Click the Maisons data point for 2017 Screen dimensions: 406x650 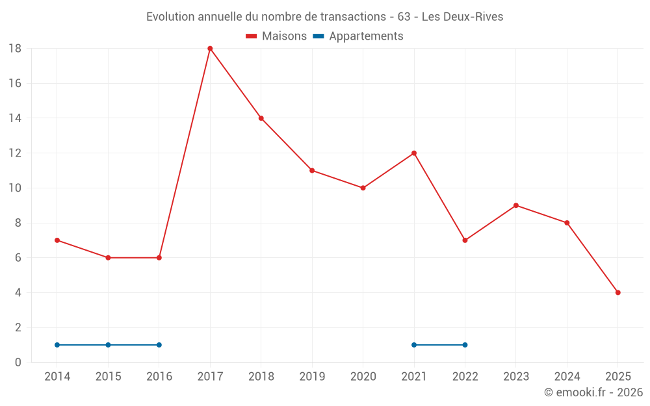210,49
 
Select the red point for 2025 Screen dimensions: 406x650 617,292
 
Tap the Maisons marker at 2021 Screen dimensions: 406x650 414,153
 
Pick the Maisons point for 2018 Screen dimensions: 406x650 261,118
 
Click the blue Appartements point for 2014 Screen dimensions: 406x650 57,345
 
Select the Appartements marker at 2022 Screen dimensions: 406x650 465,345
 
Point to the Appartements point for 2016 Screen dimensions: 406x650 159,345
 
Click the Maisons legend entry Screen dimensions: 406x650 276,36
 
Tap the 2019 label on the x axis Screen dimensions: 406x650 312,377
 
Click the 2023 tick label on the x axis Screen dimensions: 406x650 515,377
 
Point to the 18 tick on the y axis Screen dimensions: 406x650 15,49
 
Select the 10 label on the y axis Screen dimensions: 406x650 15,188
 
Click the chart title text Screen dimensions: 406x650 324,17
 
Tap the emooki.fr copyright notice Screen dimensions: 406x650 593,392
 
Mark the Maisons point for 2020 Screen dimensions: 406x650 363,188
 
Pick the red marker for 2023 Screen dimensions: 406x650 515,205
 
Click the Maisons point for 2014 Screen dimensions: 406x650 57,240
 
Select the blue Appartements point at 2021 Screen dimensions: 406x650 414,345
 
